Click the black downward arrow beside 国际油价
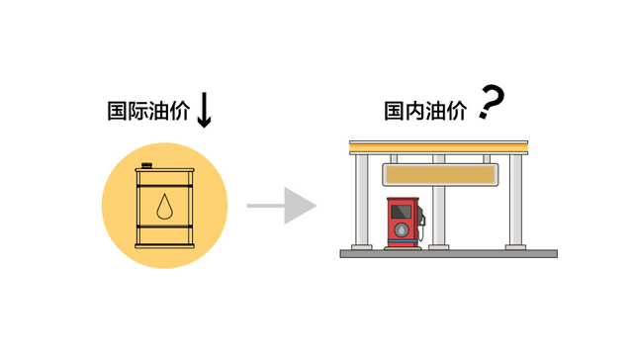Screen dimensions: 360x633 click(x=204, y=110)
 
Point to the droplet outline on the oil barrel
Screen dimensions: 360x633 click(x=164, y=207)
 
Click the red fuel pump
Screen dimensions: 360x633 click(x=402, y=224)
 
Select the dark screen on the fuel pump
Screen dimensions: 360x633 click(x=402, y=212)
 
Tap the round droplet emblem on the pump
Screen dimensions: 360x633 click(x=402, y=230)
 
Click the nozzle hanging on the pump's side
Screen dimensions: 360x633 click(x=421, y=229)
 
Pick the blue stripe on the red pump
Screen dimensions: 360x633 click(x=402, y=244)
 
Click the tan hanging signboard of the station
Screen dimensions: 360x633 click(x=438, y=176)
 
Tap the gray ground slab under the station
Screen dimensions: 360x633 click(x=448, y=254)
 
